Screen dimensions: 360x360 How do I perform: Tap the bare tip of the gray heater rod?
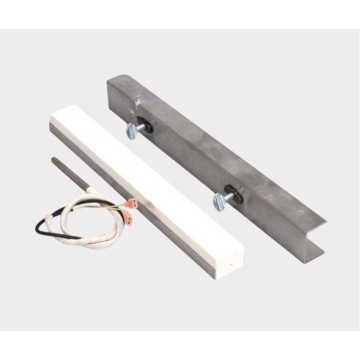[54, 160]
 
